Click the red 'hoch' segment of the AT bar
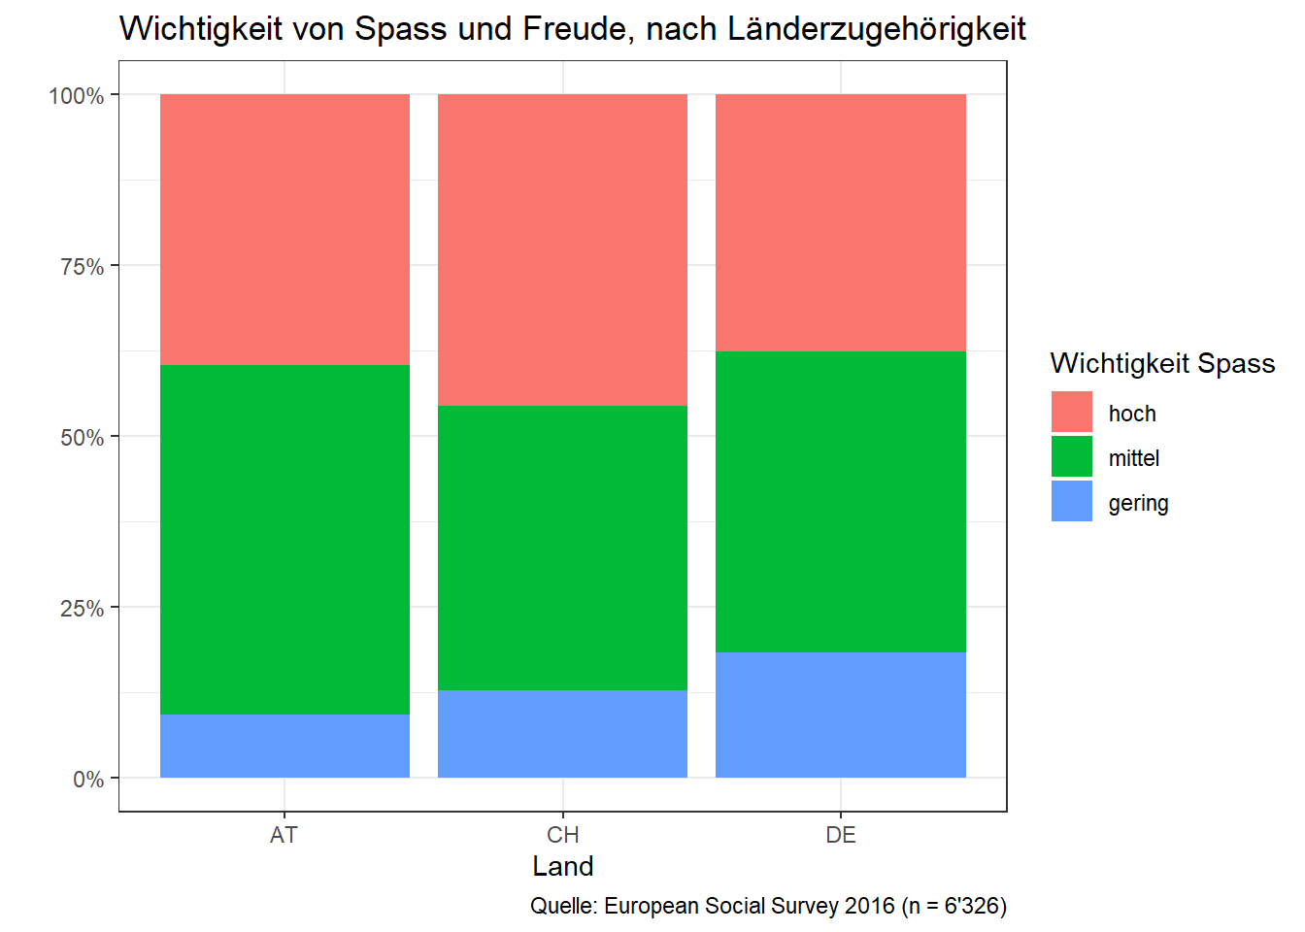click(x=284, y=229)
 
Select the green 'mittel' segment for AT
click(x=284, y=540)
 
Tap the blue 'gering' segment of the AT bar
click(x=284, y=746)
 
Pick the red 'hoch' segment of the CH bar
click(x=562, y=250)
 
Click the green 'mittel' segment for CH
click(x=562, y=548)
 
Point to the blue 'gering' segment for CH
click(x=562, y=734)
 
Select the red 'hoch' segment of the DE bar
click(x=841, y=222)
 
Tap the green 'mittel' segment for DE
click(x=841, y=501)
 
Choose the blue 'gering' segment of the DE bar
click(x=841, y=715)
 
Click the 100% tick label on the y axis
click(x=77, y=96)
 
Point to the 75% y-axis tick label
click(x=82, y=267)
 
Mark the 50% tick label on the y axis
click(x=82, y=438)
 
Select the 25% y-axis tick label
click(x=82, y=609)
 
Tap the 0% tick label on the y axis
click(x=88, y=780)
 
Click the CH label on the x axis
click(x=563, y=835)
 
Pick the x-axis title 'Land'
click(x=563, y=866)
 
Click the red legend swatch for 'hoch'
click(x=1072, y=412)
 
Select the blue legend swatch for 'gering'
click(x=1072, y=501)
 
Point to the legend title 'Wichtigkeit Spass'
click(x=1162, y=363)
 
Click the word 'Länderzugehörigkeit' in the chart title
click(x=877, y=29)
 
